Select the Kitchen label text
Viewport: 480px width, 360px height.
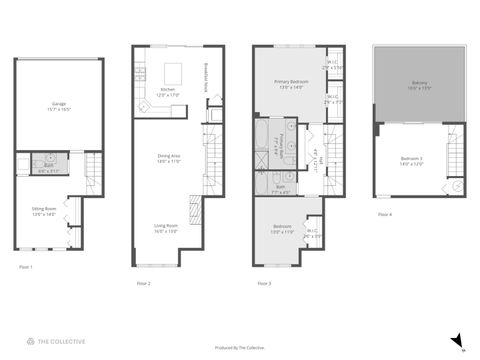(167, 91)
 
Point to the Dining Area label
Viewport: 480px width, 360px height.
(169, 157)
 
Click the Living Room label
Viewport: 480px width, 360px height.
(166, 228)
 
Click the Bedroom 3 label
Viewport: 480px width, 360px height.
(413, 161)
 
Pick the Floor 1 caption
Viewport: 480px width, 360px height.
(26, 267)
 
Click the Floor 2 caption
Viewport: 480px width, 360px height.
(143, 284)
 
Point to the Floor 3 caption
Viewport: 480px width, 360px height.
(264, 284)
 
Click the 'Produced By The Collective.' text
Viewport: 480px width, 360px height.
(240, 348)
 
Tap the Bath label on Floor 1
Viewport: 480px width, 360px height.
(45, 169)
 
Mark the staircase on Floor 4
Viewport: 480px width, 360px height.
(456, 165)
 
